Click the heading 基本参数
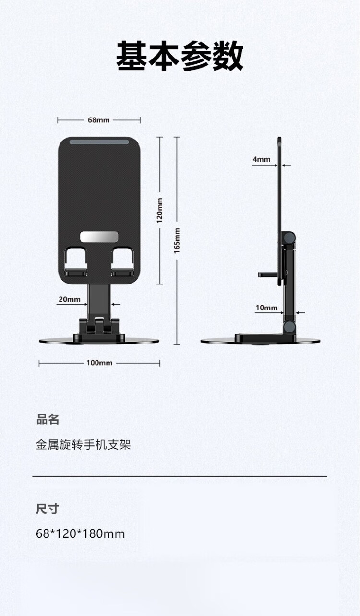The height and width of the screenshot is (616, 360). tap(180, 56)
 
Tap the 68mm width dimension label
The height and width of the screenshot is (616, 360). tap(99, 120)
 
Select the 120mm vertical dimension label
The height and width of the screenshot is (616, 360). tap(160, 211)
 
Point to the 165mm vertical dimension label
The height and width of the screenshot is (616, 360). tap(177, 241)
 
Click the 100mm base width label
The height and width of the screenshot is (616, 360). tap(99, 363)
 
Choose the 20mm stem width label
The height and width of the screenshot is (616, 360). tap(70, 299)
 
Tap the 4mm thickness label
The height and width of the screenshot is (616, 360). tap(262, 159)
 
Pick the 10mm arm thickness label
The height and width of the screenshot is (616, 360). tap(266, 308)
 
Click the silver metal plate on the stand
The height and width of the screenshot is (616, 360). tap(99, 237)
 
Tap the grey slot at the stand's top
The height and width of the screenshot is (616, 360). tap(99, 142)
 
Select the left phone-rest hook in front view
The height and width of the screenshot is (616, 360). tap(76, 261)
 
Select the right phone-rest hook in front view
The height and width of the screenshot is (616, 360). tap(123, 261)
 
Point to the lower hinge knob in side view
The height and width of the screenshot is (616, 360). tap(289, 327)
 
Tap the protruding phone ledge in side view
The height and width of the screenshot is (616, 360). tap(267, 274)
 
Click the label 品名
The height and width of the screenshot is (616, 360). tap(48, 420)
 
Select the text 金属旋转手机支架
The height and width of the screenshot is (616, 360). tap(83, 444)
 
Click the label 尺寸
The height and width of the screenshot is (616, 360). tap(48, 509)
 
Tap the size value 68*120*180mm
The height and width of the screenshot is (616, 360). tap(80, 534)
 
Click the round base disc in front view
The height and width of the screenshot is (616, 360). tap(99, 341)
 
